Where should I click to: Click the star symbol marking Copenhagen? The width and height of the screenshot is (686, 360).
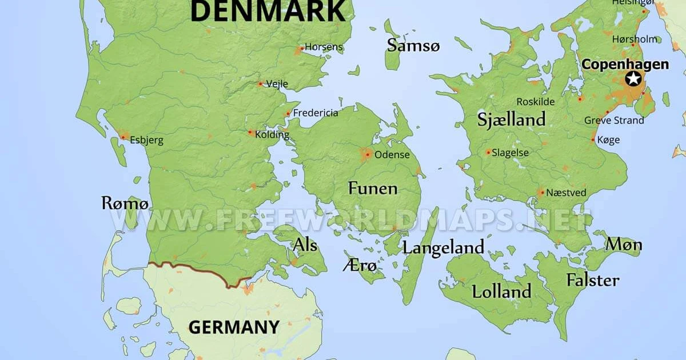pos(633,78)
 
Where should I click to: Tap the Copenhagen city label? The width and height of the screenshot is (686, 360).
pos(624,64)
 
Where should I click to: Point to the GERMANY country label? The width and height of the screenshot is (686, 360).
pos(234,327)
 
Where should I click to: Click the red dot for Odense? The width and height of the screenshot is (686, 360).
pos(366,154)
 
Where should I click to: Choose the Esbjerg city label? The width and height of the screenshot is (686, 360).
pos(146,140)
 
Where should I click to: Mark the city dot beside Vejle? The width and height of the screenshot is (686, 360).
pos(260,84)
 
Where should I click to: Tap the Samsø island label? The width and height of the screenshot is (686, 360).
pos(413,46)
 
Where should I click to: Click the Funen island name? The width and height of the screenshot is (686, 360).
pos(373,188)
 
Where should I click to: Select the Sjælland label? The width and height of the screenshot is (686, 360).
pos(511,119)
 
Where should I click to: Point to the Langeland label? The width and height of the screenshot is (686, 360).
pos(443,247)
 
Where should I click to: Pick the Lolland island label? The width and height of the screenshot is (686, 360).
pos(501,291)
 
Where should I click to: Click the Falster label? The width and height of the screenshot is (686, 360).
pos(592,280)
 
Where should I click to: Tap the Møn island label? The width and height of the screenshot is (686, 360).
pos(624,245)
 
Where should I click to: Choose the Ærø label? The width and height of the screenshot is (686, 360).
pos(360,266)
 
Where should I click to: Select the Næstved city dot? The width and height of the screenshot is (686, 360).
pos(541,193)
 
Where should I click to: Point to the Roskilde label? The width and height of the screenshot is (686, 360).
pos(536,102)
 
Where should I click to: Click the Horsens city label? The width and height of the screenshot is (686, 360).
pos(324,47)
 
